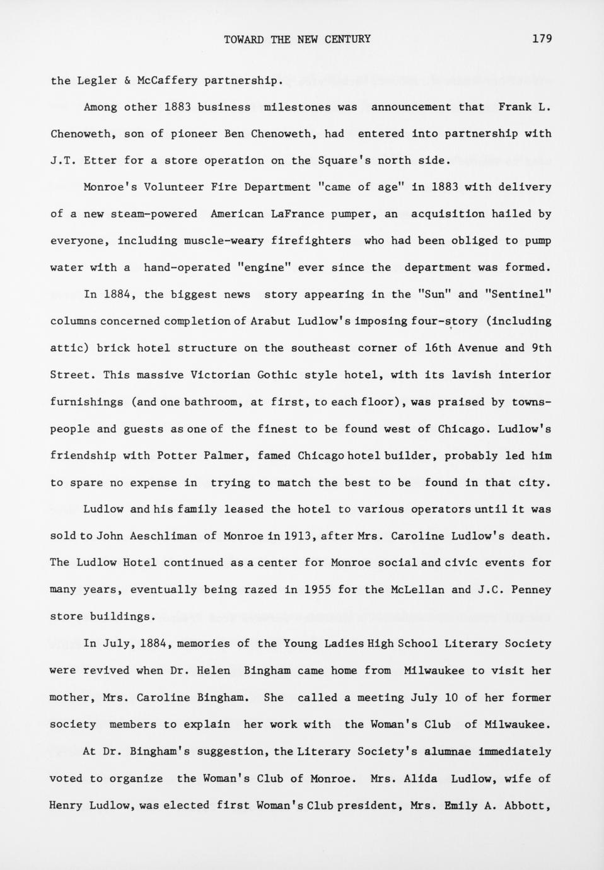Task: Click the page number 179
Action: (x=542, y=39)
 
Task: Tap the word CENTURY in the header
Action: (x=347, y=39)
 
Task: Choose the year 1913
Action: (x=297, y=536)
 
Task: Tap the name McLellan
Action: (x=417, y=590)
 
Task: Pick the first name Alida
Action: (x=421, y=779)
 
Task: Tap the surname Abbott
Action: (x=528, y=806)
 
